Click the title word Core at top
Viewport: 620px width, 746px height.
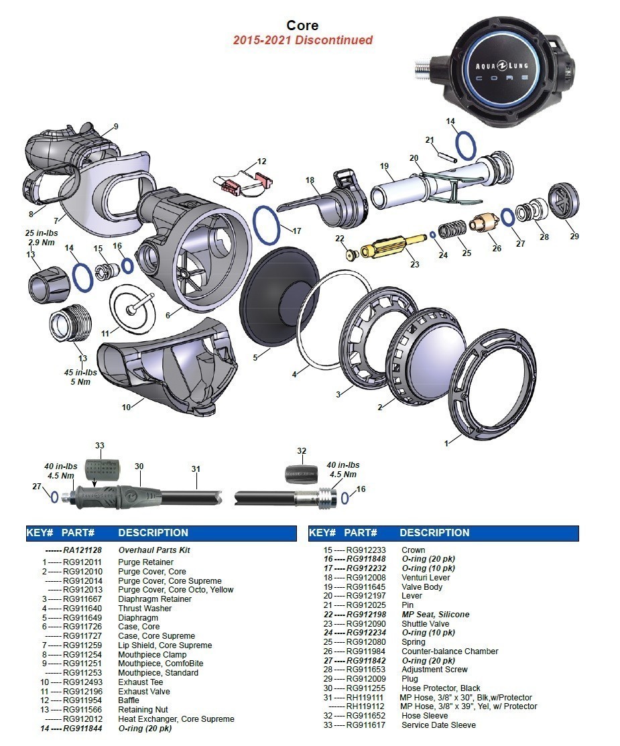point(302,25)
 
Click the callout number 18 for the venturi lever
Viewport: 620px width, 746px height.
point(310,180)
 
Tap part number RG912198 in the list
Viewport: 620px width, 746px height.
point(366,614)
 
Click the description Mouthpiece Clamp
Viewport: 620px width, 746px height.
point(152,654)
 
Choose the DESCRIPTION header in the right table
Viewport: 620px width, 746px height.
point(434,533)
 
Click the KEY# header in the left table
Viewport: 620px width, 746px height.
point(40,533)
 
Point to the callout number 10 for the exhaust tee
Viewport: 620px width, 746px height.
point(127,407)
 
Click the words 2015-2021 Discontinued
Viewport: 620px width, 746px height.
point(302,40)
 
